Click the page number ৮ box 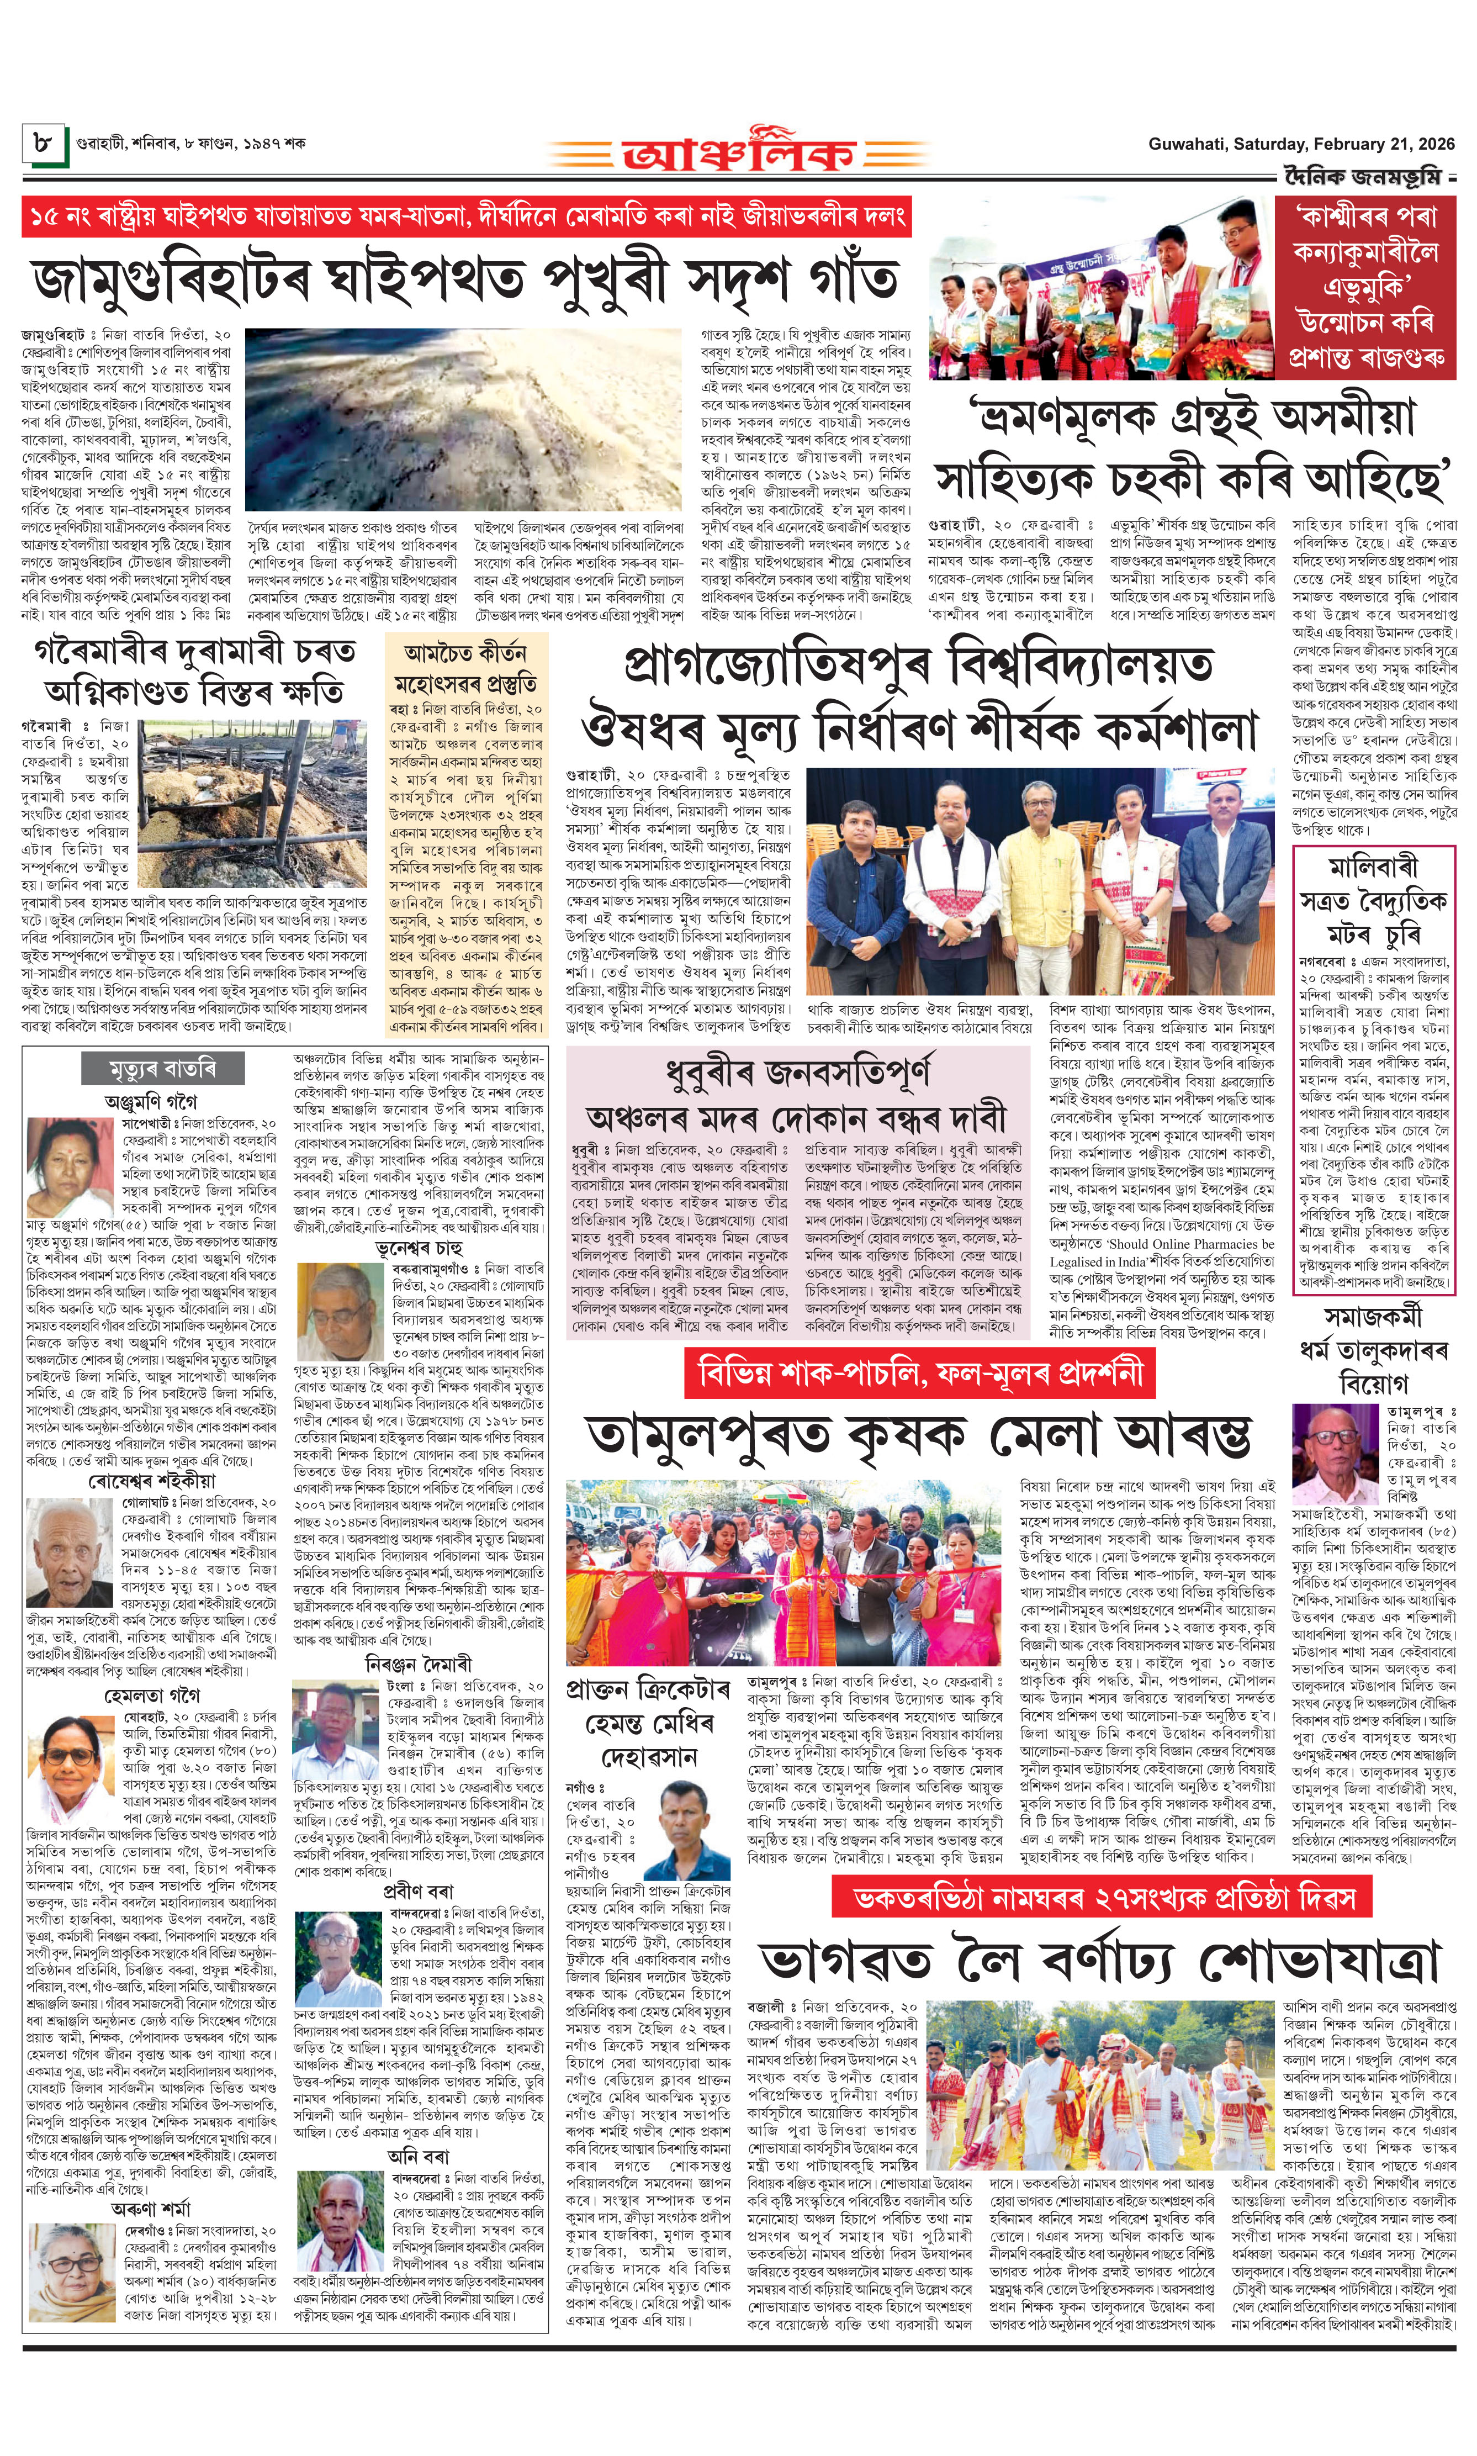(44, 142)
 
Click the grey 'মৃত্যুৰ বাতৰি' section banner (162, 1069)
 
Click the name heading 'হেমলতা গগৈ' (151, 1694)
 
